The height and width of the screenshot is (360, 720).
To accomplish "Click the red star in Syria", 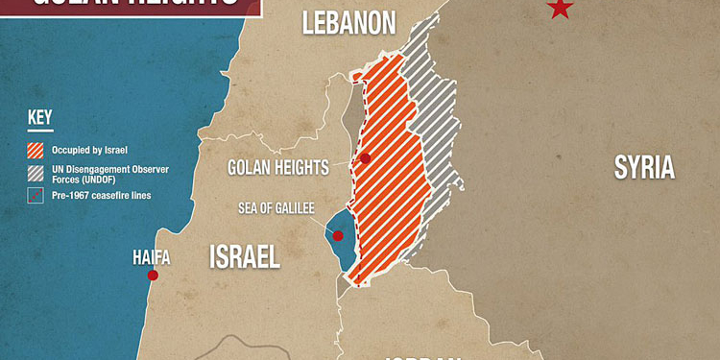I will tap(560, 9).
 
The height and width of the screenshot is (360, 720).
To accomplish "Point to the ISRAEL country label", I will tap(245, 255).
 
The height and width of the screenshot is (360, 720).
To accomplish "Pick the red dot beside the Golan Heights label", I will tap(365, 158).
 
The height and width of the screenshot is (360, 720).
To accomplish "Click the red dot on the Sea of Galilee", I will tap(338, 235).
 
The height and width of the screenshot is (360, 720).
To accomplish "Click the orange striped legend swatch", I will tap(36, 150).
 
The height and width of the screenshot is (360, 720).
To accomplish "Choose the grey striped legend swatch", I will tap(36, 173).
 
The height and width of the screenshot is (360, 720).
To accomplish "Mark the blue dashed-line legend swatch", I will tap(36, 196).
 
